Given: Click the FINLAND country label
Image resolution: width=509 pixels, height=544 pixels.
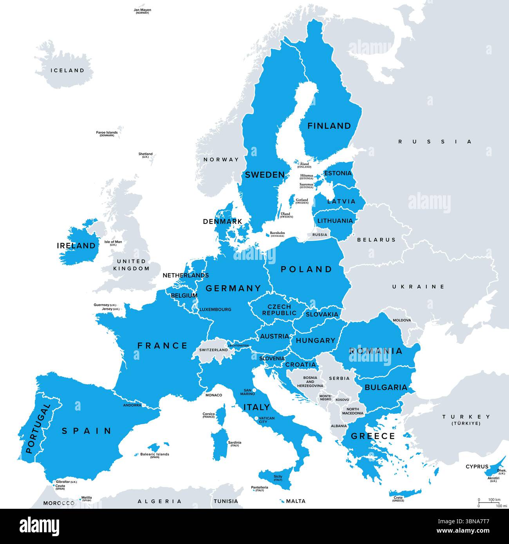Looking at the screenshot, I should [x=329, y=126].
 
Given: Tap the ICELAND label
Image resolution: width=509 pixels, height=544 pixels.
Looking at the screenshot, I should [x=67, y=70].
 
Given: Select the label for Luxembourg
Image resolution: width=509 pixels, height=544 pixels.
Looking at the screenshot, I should [x=215, y=309].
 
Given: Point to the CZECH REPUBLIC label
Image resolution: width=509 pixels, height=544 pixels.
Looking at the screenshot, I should [x=279, y=310].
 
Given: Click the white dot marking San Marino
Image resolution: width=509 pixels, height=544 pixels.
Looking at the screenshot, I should [x=254, y=390].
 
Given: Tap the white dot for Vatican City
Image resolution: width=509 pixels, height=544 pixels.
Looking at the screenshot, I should [x=256, y=418].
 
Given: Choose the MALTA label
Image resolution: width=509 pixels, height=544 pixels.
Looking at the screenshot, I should [x=296, y=501].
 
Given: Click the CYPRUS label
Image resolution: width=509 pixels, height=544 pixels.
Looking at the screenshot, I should [x=477, y=467].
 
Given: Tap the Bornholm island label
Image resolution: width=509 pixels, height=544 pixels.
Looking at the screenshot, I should [x=277, y=234].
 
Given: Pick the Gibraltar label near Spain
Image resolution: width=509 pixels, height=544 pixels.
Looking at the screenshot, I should [x=66, y=481].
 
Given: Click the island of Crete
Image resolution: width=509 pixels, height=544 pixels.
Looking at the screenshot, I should [x=405, y=493].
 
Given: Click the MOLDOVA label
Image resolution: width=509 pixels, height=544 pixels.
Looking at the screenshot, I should [x=402, y=320].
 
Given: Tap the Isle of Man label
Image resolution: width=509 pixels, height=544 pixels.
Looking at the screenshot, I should [x=113, y=243].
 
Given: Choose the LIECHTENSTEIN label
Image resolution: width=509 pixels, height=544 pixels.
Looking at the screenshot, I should [x=238, y=346].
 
